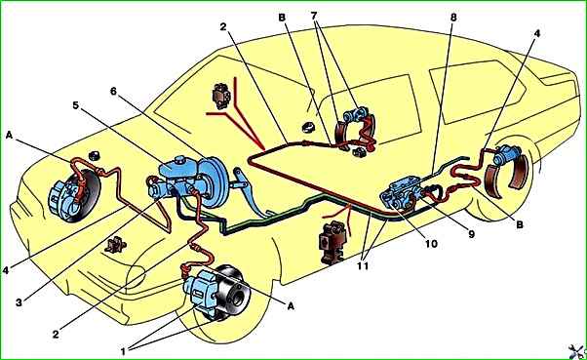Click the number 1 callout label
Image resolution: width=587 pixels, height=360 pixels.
pyautogui.click(x=123, y=351)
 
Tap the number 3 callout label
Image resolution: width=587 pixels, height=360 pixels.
pyautogui.click(x=19, y=302)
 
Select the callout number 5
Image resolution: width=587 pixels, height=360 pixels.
pyautogui.click(x=76, y=105)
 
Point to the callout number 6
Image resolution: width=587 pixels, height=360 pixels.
pyautogui.click(x=113, y=91)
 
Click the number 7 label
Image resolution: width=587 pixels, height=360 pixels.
pyautogui.click(x=314, y=16)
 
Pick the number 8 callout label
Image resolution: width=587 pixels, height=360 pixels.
pyautogui.click(x=453, y=18)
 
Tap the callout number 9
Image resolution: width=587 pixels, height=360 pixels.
pyautogui.click(x=471, y=234)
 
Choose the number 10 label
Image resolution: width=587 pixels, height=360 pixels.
pyautogui.click(x=431, y=244)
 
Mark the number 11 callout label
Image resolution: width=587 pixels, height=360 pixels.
pyautogui.click(x=363, y=265)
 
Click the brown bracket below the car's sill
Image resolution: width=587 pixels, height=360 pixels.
pyautogui.click(x=332, y=243)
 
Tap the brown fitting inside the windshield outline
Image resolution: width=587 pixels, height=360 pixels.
pyautogui.click(x=221, y=96)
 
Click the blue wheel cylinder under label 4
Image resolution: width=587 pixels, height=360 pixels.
pyautogui.click(x=506, y=155)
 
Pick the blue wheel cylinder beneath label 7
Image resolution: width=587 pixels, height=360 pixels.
pyautogui.click(x=356, y=113)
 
